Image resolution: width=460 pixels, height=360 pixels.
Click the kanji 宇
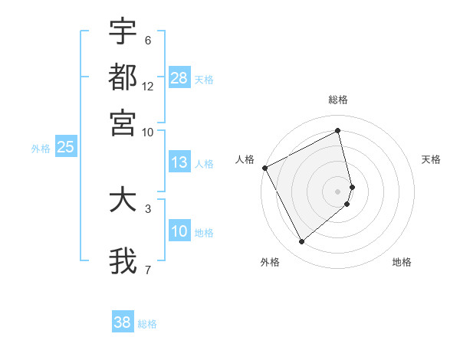point(123,34)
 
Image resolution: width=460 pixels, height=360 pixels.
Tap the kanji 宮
point(123,121)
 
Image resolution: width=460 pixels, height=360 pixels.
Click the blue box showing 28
point(179,78)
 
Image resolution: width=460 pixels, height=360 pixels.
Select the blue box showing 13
point(179,162)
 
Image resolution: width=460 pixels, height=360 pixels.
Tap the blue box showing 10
point(179,232)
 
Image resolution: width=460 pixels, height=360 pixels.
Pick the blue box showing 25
point(65,148)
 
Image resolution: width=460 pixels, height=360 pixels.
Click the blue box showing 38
point(123,322)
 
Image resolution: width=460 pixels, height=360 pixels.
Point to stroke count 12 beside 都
point(148,87)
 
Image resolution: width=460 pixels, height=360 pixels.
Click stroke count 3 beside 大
point(148,208)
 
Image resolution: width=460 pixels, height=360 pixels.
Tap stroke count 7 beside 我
point(148,270)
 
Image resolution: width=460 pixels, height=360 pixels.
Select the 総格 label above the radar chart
point(338,100)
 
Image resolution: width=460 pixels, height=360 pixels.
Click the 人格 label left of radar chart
point(245,159)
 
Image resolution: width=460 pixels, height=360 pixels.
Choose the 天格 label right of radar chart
point(432,159)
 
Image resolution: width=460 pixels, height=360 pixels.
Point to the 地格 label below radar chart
point(402,262)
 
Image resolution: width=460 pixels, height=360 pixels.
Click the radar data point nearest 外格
point(301,242)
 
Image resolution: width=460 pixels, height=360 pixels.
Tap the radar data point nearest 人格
point(264,168)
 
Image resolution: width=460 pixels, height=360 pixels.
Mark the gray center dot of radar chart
point(338,191)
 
